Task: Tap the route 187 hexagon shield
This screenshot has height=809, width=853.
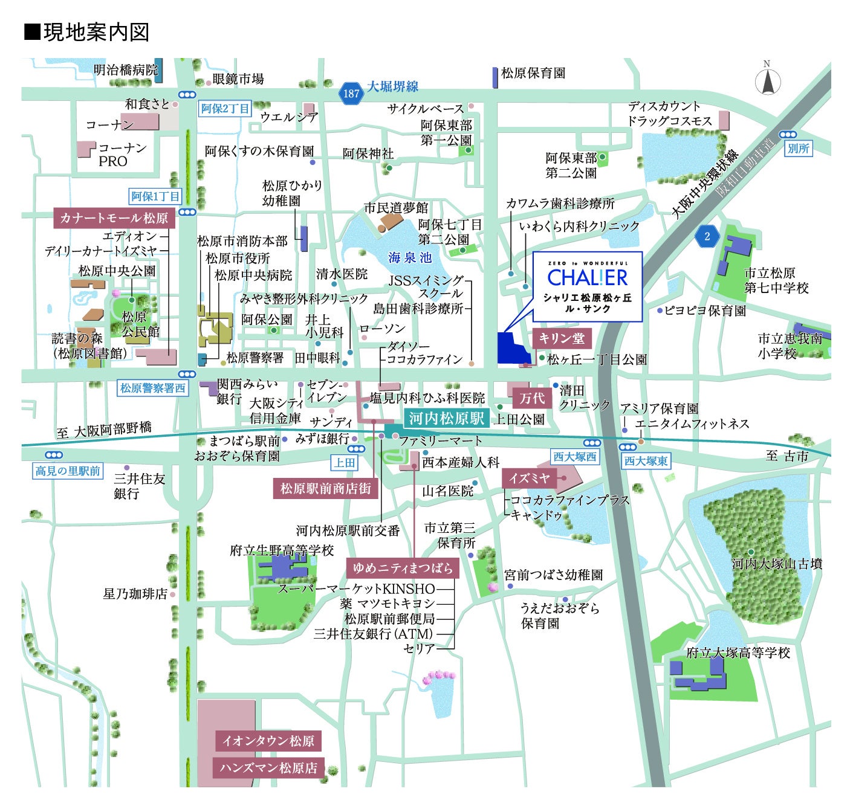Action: pos(351,94)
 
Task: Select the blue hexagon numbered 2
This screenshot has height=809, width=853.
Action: pos(707,236)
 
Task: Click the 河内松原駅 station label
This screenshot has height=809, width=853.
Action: pos(446,418)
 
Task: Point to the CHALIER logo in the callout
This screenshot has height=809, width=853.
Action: pos(588,278)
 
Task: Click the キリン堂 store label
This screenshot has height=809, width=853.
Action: pos(562,338)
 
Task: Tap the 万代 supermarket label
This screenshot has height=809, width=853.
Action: pos(532,398)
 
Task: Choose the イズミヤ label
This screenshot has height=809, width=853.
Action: pos(530,479)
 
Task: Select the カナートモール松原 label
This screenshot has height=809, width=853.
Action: pos(114,218)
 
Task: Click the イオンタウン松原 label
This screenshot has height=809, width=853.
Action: pos(268,741)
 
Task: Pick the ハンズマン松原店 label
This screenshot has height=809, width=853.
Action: pos(268,768)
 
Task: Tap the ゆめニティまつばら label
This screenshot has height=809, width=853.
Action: pos(403,568)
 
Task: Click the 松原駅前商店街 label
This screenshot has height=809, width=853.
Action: pos(326,488)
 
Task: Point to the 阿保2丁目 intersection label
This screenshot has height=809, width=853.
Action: pos(225,109)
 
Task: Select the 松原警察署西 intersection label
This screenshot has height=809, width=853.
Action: pos(152,388)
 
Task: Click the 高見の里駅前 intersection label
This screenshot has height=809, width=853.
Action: pos(68,471)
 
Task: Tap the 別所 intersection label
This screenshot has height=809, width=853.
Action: pos(798,148)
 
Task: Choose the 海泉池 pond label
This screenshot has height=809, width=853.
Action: pos(410,258)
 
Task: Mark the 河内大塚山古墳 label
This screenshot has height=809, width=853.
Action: pos(777,564)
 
